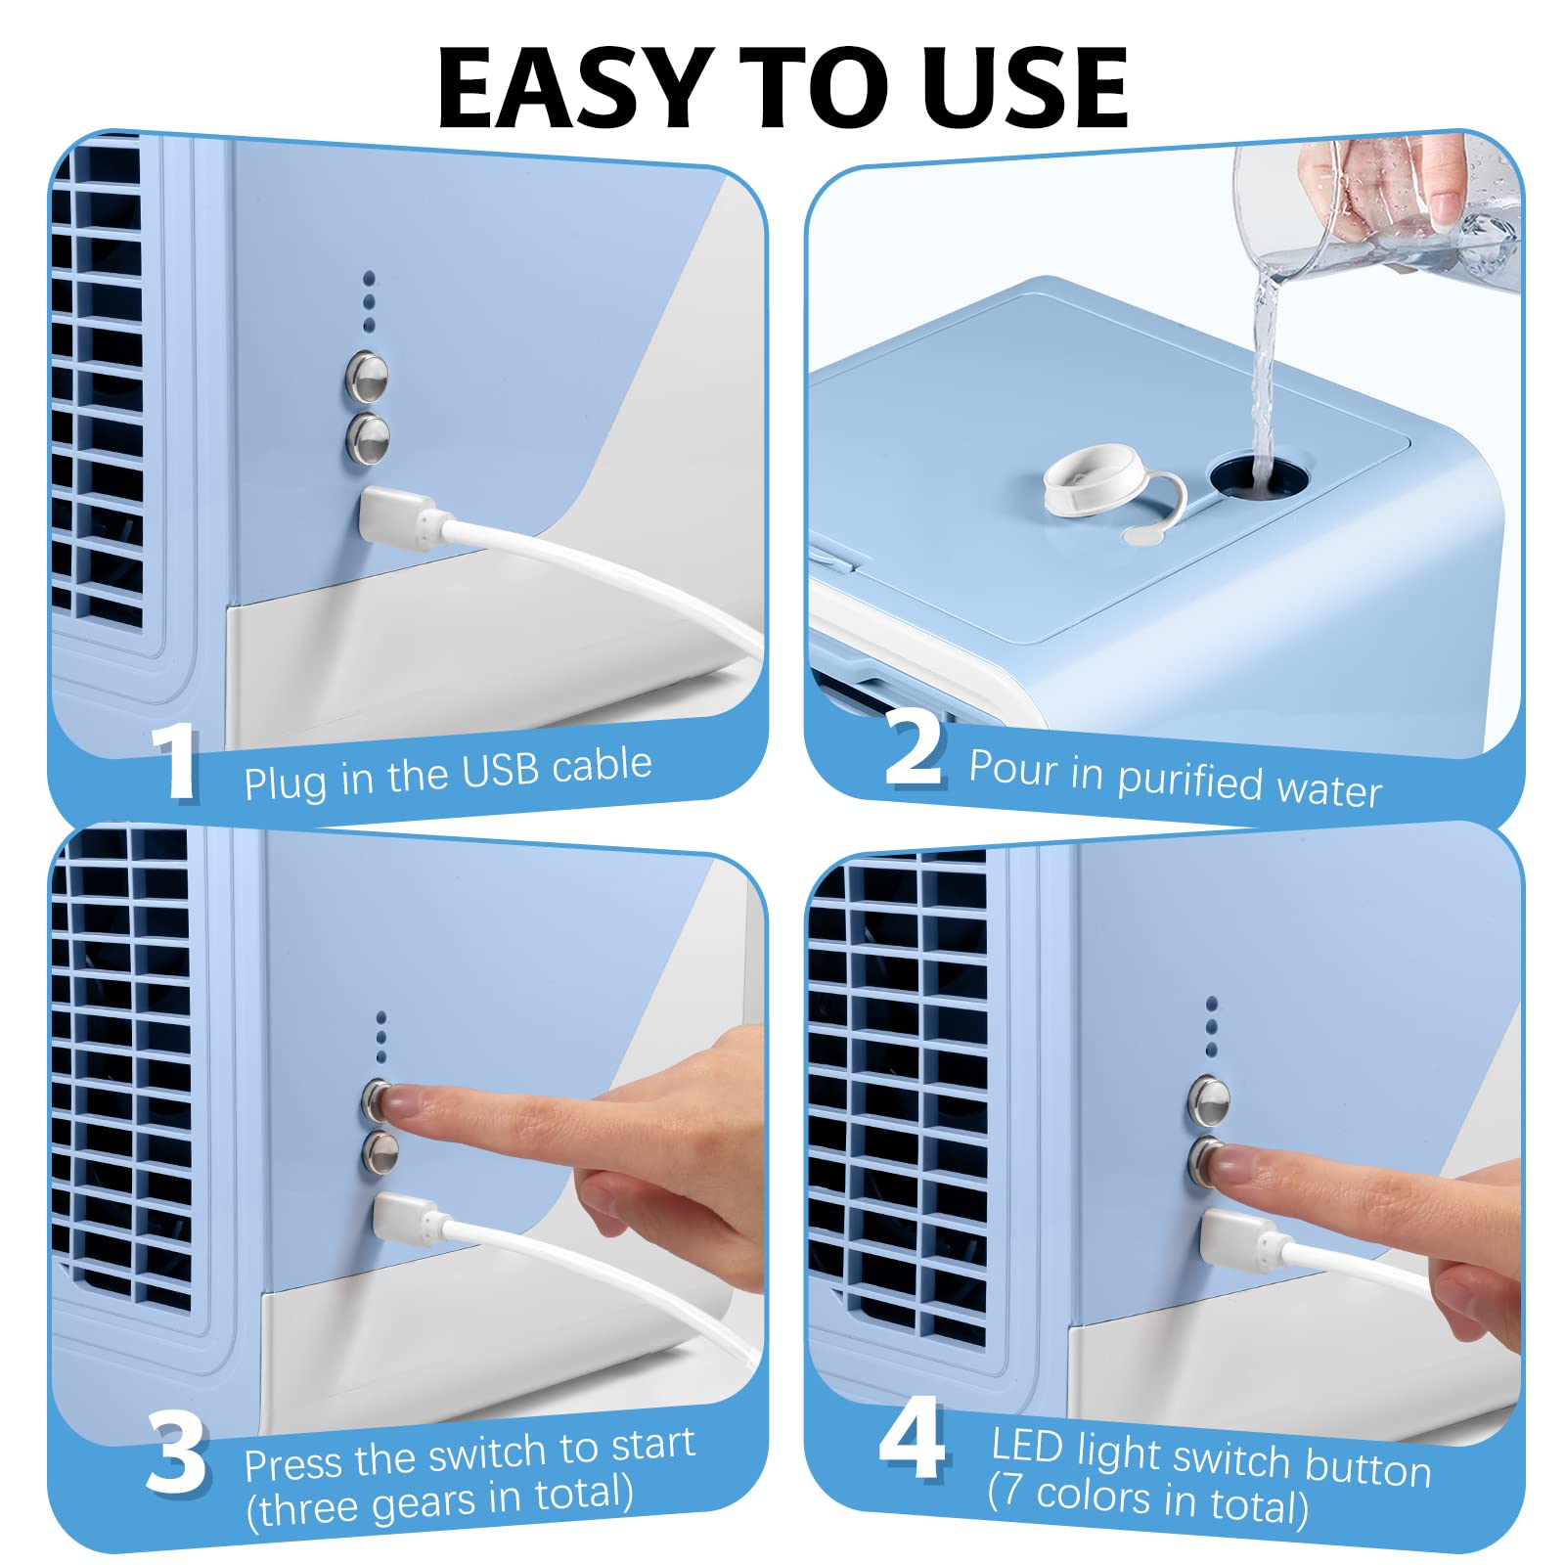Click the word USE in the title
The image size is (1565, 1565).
(1025, 89)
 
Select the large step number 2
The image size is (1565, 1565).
(915, 748)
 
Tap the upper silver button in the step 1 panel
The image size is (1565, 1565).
(367, 376)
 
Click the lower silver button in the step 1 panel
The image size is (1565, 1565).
(369, 436)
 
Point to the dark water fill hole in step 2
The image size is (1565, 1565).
(1260, 475)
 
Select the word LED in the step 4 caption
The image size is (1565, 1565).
(1026, 1446)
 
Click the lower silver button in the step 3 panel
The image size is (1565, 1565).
(380, 1153)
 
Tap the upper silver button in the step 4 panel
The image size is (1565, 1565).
(1208, 1099)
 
